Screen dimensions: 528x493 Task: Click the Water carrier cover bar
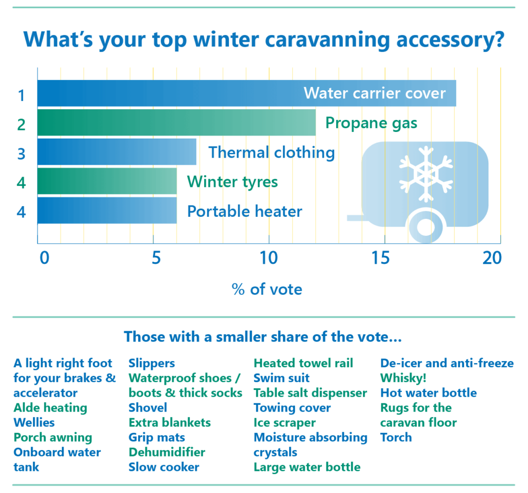tap(247, 93)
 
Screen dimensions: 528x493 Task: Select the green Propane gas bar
tap(176, 123)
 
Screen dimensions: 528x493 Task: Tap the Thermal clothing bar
tap(117, 152)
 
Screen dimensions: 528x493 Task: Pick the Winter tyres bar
tap(107, 181)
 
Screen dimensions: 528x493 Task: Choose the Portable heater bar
tap(107, 210)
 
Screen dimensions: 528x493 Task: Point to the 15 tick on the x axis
tap(381, 258)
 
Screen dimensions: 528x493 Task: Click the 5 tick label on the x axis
tap(156, 258)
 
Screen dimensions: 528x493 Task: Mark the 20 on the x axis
tap(492, 258)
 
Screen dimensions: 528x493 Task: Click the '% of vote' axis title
tap(267, 290)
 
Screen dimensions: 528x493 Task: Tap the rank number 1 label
tap(22, 96)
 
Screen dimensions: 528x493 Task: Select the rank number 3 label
tap(21, 154)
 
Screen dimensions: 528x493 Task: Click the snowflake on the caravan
tap(426, 174)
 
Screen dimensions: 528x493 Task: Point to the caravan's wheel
tap(425, 227)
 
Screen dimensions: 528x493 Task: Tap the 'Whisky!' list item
tap(403, 378)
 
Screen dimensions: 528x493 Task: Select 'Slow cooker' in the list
tap(163, 467)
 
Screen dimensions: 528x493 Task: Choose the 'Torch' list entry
tap(396, 437)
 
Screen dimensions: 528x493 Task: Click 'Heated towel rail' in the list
tap(303, 363)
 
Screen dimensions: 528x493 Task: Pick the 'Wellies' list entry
tap(34, 422)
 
